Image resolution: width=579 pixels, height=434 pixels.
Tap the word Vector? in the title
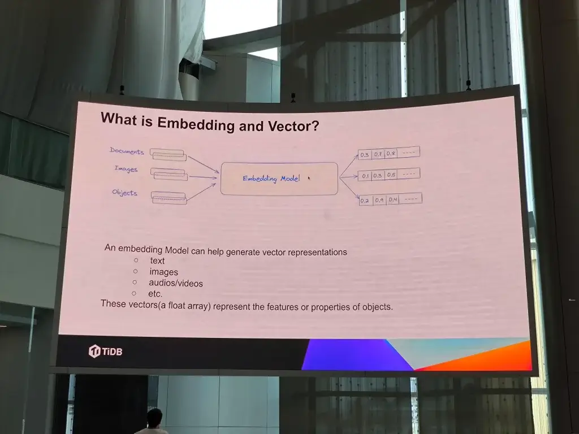click(293, 126)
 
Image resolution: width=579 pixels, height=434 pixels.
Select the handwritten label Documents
click(127, 151)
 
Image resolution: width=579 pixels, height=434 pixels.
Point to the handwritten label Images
click(126, 168)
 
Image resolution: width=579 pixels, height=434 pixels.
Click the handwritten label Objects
click(125, 193)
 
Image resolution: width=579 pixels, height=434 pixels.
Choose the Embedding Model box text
click(271, 179)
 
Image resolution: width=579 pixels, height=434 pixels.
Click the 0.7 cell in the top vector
click(378, 154)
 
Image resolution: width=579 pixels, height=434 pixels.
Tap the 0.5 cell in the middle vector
click(391, 175)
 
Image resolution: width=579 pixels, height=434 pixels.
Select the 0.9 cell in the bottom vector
click(379, 200)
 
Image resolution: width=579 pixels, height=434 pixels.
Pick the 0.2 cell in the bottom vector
click(365, 201)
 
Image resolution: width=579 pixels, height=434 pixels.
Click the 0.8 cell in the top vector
click(391, 153)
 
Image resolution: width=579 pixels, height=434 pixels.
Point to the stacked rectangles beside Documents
click(168, 154)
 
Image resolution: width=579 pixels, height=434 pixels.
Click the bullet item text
click(157, 261)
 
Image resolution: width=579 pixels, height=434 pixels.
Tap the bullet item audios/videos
click(176, 283)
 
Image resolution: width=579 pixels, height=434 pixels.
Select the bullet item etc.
click(155, 294)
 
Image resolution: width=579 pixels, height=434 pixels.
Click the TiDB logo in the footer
click(105, 351)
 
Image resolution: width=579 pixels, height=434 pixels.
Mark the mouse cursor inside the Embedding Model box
click(309, 178)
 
